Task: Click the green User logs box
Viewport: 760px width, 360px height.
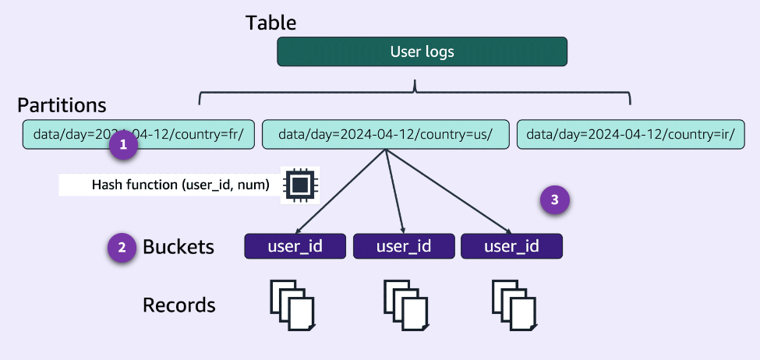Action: (422, 52)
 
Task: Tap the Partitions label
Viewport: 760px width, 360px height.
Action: (62, 105)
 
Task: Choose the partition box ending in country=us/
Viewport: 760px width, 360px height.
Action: (385, 133)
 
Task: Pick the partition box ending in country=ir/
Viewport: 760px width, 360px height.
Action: (631, 133)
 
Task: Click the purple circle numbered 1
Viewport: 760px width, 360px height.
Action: (123, 146)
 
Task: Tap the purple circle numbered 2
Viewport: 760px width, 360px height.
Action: (122, 248)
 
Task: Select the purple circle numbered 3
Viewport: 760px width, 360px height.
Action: (554, 199)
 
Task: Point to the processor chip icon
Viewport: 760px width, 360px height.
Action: (300, 185)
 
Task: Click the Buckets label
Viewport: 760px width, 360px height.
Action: (178, 248)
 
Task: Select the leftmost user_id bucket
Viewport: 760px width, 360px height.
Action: (295, 247)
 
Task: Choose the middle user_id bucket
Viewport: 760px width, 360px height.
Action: (403, 247)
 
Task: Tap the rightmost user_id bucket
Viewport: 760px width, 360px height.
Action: (511, 247)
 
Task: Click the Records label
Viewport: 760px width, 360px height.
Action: (179, 305)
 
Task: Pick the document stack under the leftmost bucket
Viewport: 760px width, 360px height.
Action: (293, 305)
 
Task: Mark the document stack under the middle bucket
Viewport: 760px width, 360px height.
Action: (405, 305)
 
